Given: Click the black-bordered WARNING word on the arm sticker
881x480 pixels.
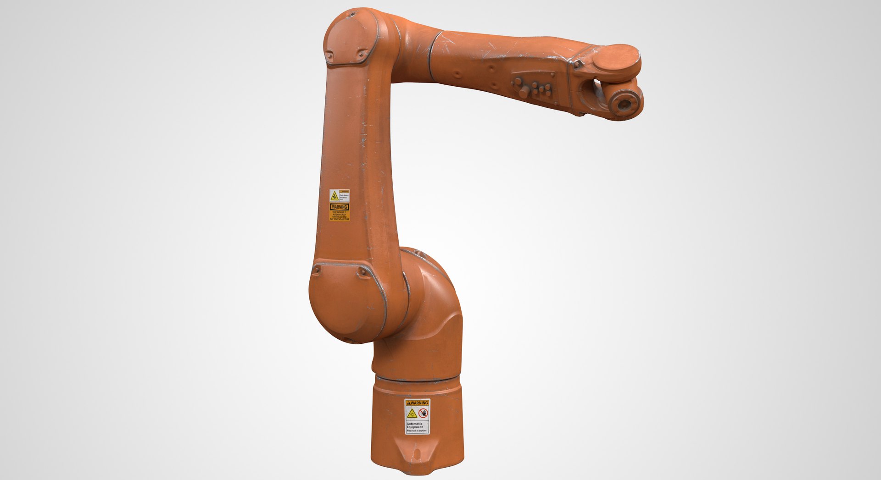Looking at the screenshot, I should point(340,207).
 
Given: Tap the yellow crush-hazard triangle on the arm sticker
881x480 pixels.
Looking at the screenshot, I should point(335,197).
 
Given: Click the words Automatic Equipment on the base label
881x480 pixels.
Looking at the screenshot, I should point(415,425).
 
